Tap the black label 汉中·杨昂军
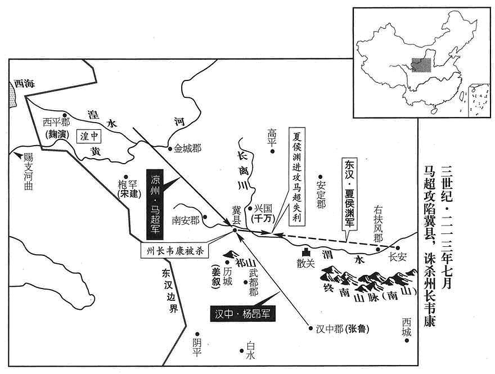(x=242, y=314)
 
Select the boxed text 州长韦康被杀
(x=174, y=251)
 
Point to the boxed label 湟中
(x=90, y=136)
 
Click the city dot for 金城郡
(x=170, y=148)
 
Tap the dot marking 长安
(x=398, y=248)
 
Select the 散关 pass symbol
(x=305, y=252)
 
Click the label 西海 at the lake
(x=24, y=84)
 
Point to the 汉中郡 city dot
(x=310, y=328)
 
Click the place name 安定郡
(x=321, y=196)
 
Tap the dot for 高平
(x=272, y=151)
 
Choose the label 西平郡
(x=56, y=122)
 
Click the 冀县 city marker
(x=235, y=231)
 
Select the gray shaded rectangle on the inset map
(x=421, y=65)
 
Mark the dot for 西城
(x=407, y=341)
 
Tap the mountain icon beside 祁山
(x=231, y=254)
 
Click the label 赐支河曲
(x=28, y=172)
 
